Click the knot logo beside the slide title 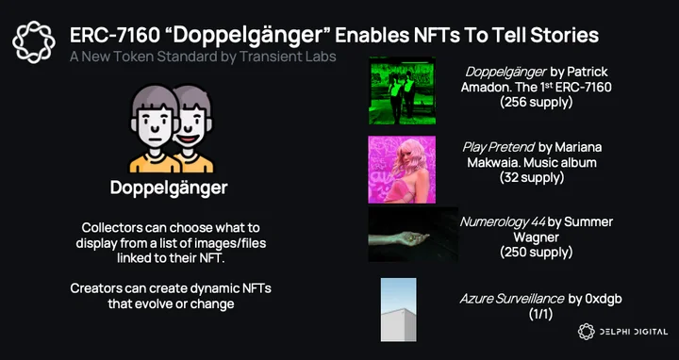(34, 42)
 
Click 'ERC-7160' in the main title (115, 36)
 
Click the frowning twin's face (155, 125)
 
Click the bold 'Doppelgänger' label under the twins (169, 188)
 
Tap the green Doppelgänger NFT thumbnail (403, 90)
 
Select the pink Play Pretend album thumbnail (403, 170)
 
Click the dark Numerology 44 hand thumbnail (413, 234)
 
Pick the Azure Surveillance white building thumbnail (398, 310)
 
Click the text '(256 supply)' (536, 102)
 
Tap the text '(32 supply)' (532, 177)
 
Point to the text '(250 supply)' (536, 252)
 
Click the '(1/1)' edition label (541, 314)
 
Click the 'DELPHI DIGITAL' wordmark (633, 332)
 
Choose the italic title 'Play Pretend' (499, 147)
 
